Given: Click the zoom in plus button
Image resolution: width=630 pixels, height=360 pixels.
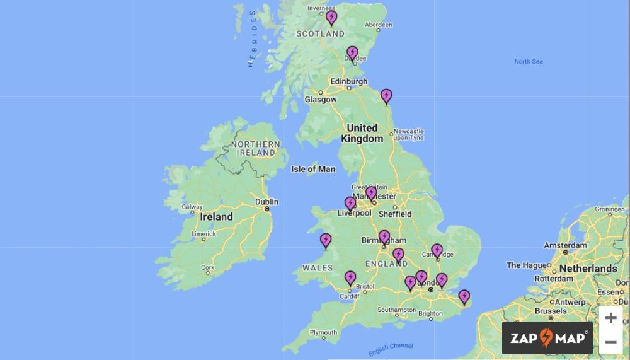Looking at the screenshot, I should pos(610,318).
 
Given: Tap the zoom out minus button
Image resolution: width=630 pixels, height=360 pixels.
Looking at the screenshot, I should pos(610,342).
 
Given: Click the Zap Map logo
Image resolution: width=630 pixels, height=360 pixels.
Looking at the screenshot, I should pos(547,339).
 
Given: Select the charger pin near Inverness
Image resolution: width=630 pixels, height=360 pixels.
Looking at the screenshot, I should pos(331,18).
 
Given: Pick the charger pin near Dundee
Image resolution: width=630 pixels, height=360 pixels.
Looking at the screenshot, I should pos(353,53).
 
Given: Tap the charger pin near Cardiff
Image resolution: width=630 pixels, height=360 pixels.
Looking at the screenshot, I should pos(350,278).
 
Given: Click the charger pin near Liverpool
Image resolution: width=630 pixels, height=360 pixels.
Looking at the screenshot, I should pos(350,204).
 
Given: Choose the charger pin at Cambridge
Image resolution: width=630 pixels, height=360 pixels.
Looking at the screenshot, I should pos(437,251).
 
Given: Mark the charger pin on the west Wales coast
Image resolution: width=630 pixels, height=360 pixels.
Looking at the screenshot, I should pos(326,240).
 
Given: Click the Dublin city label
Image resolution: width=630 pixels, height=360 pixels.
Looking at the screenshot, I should pos(267,202).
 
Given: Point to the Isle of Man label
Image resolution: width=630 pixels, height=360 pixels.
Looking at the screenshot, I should pos(313,169).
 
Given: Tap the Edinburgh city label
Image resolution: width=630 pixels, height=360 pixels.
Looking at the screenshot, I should pos(348,81).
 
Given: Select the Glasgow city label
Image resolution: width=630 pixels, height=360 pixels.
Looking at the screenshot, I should pos(321,100).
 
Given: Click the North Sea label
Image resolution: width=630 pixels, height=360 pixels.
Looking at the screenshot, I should pos(528,61).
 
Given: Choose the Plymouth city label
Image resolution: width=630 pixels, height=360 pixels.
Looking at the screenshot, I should pos(323,332).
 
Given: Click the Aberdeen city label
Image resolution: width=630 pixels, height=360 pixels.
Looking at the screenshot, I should pos(378,25).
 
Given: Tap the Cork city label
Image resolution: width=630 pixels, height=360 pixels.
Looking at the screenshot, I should pos(207,267).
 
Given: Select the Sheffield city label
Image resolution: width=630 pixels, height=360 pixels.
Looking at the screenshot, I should pos(395,214).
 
